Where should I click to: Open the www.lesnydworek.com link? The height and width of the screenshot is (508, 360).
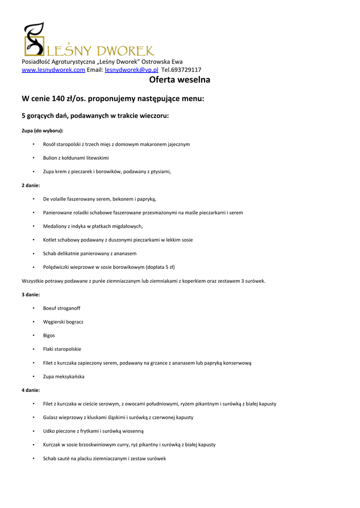pyautogui.click(x=54, y=70)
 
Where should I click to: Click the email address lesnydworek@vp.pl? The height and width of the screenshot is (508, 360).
pyautogui.click(x=131, y=70)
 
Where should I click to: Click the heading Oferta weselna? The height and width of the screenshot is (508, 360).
pyautogui.click(x=180, y=80)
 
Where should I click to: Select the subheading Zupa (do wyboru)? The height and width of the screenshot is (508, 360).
pyautogui.click(x=42, y=130)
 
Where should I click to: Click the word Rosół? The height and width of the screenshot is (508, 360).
pyautogui.click(x=49, y=144)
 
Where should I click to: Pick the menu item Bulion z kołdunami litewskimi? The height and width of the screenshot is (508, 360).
pyautogui.click(x=75, y=158)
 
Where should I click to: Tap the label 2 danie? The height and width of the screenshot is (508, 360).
pyautogui.click(x=31, y=185)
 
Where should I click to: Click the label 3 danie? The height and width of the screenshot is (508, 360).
pyautogui.click(x=31, y=294)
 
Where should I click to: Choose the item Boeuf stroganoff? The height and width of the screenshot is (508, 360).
pyautogui.click(x=62, y=308)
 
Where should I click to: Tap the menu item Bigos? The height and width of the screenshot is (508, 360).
pyautogui.click(x=49, y=335)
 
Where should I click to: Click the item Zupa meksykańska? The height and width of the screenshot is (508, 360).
pyautogui.click(x=64, y=377)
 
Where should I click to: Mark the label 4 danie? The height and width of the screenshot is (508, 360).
pyautogui.click(x=31, y=390)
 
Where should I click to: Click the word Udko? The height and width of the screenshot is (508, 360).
pyautogui.click(x=49, y=431)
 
